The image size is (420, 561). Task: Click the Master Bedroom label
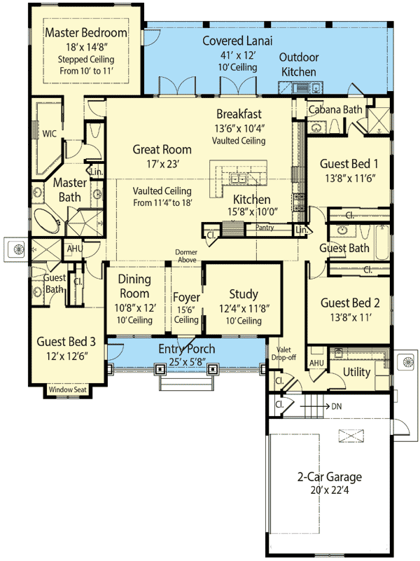click(x=85, y=32)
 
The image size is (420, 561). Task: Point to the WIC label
click(x=49, y=132)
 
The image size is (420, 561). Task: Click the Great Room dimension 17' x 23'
click(x=162, y=165)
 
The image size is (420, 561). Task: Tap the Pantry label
click(x=265, y=228)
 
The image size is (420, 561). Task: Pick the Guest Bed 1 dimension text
click(x=349, y=178)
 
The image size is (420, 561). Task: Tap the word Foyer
click(x=185, y=298)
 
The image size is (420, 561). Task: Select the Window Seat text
click(x=68, y=390)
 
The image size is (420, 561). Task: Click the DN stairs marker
click(x=337, y=406)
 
